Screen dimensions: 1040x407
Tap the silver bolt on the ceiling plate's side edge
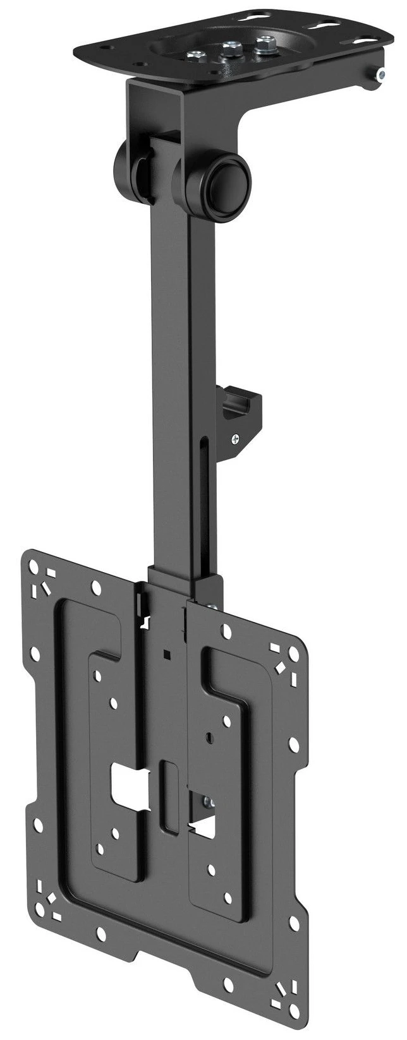click(380, 76)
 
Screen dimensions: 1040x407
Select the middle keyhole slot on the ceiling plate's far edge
click(329, 25)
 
